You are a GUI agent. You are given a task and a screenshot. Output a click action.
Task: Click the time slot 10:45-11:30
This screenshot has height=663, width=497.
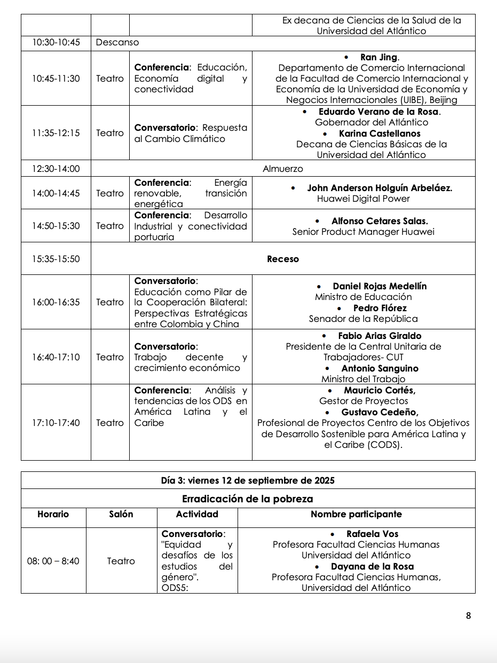(56, 78)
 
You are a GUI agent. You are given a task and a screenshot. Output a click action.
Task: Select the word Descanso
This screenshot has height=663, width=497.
(117, 42)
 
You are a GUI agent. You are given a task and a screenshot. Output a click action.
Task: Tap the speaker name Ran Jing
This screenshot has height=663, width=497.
(380, 57)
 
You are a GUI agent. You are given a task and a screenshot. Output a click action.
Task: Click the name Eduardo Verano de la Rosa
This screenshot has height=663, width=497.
(379, 112)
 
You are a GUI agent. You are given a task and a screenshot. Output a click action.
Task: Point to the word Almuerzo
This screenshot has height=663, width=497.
(282, 169)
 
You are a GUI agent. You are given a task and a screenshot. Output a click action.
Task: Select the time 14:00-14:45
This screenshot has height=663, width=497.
(56, 193)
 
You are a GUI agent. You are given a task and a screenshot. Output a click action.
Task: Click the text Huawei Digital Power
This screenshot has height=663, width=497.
(364, 199)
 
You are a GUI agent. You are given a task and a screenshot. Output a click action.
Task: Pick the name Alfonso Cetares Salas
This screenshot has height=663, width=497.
(380, 220)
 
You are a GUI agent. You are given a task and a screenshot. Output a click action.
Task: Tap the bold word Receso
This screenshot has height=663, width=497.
(283, 259)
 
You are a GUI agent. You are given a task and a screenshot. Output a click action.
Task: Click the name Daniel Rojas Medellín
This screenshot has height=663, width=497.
(380, 286)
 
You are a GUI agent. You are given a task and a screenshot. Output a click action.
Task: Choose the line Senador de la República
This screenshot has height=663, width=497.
(364, 319)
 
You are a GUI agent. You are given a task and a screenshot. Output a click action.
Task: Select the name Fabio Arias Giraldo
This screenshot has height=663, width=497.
(380, 336)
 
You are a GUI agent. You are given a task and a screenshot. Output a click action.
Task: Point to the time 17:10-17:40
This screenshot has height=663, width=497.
(56, 423)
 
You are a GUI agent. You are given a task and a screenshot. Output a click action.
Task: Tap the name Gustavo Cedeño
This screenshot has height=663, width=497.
(380, 412)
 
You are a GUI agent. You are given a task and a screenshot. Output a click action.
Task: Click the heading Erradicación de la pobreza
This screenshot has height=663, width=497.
(248, 499)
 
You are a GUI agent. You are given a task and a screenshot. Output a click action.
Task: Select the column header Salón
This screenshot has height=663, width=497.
(121, 515)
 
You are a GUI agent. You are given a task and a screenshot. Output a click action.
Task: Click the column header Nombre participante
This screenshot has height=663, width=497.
(356, 515)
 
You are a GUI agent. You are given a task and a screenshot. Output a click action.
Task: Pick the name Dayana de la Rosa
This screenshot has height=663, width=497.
(372, 566)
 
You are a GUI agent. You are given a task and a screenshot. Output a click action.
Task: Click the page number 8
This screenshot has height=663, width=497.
(468, 615)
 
